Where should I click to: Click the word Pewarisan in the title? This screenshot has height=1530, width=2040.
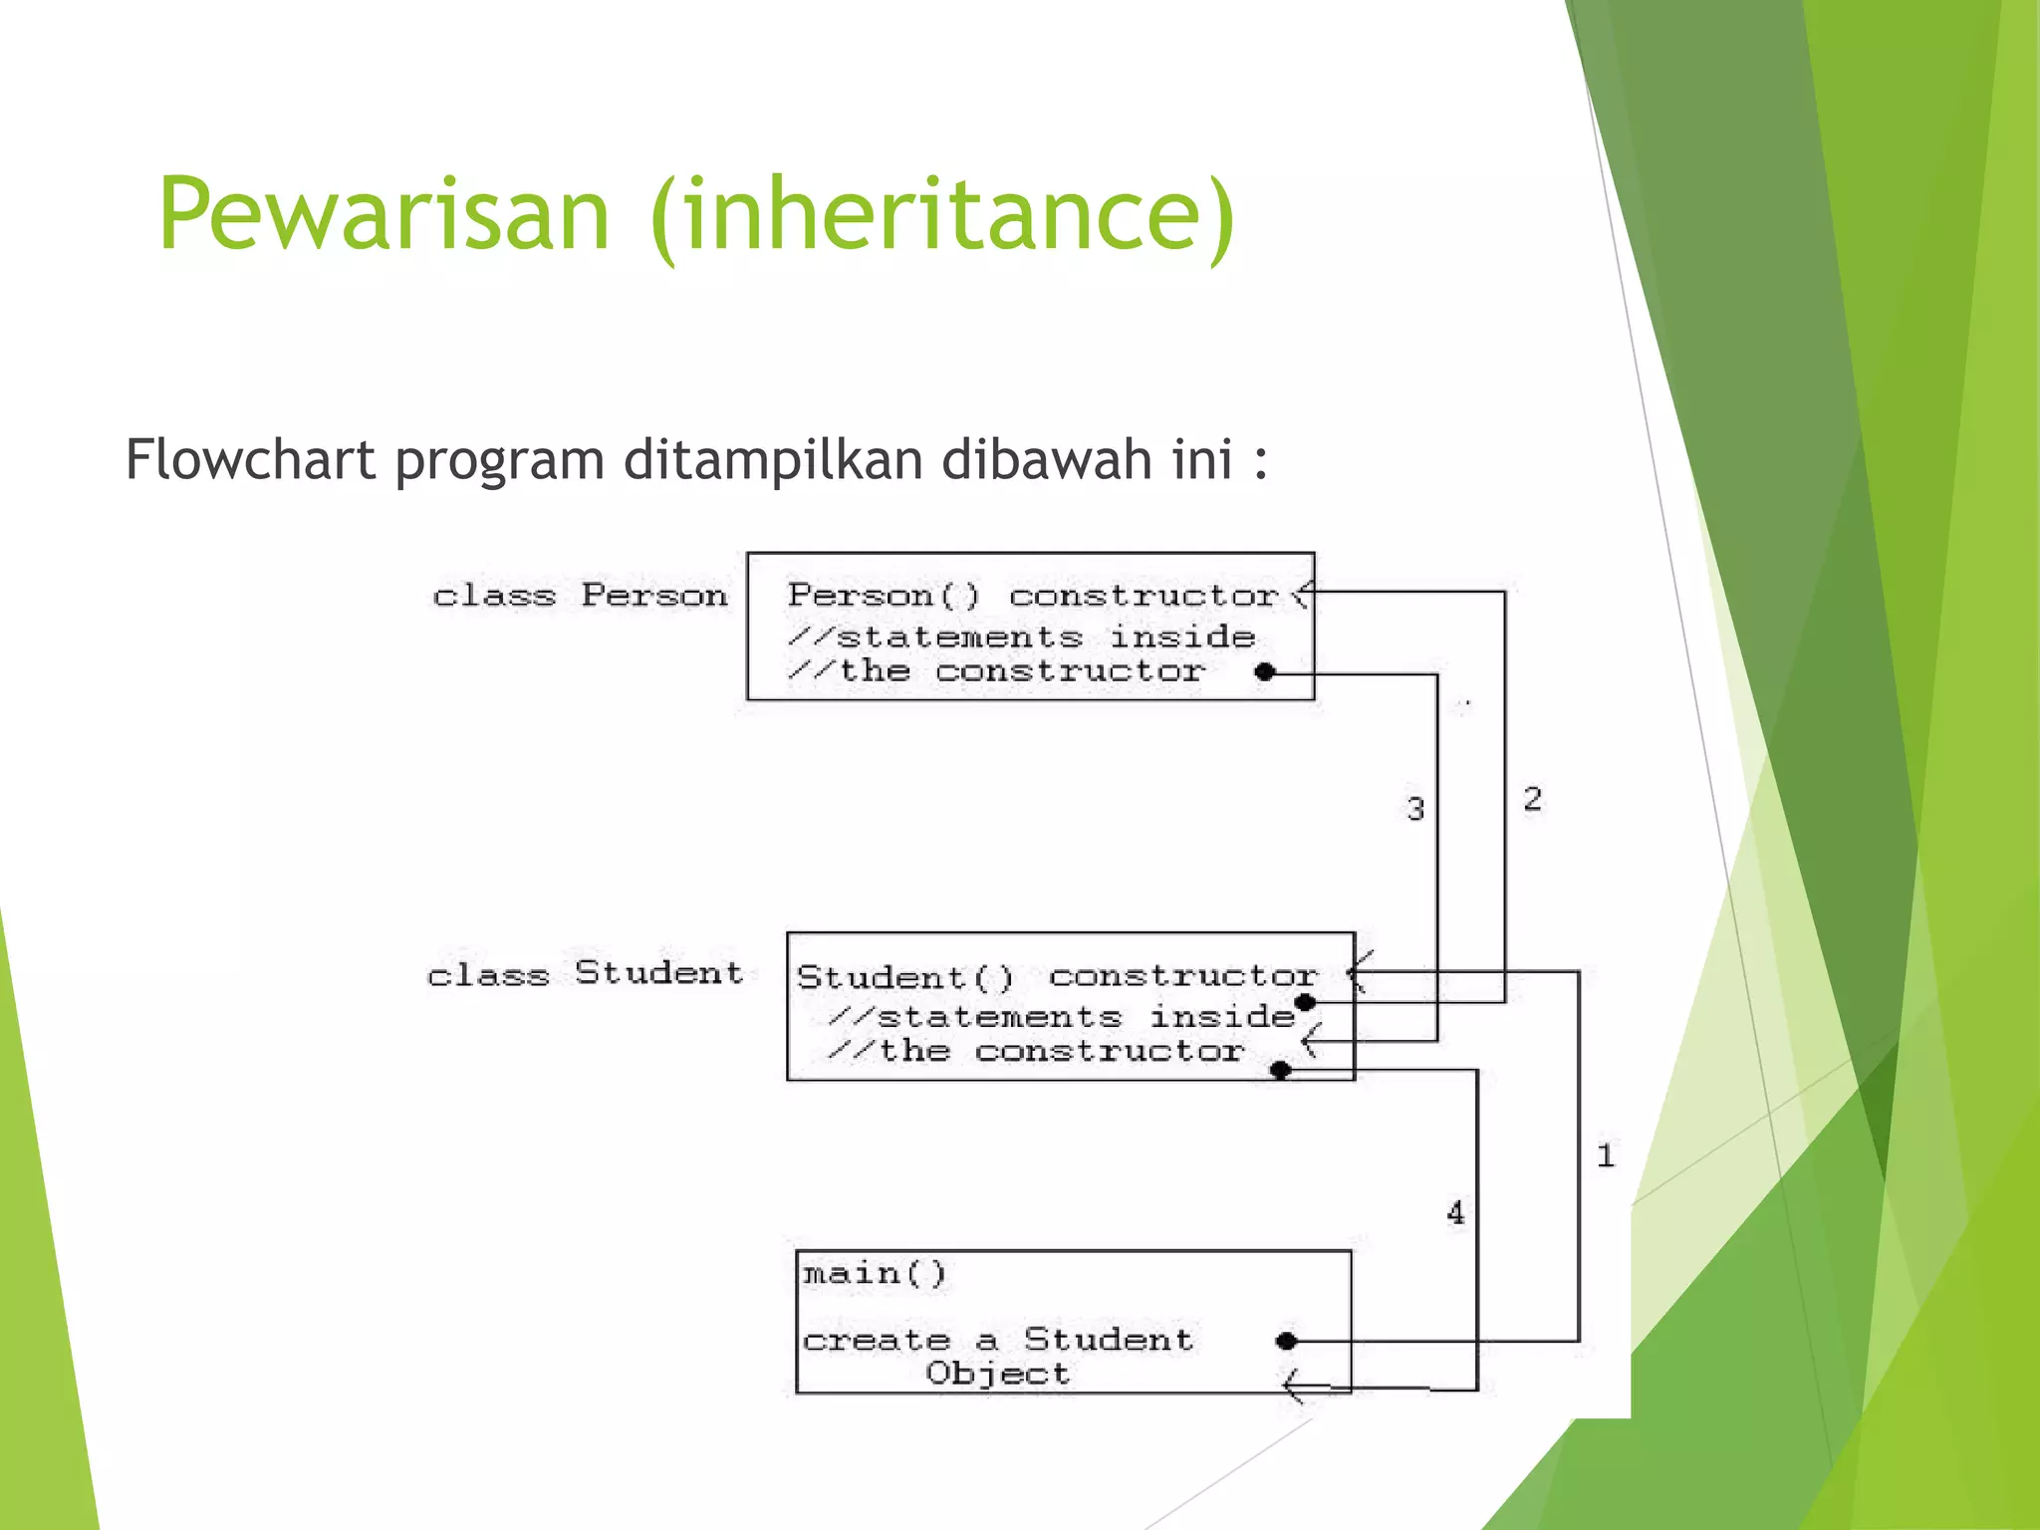tap(383, 214)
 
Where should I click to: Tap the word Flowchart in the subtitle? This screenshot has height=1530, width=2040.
tap(250, 460)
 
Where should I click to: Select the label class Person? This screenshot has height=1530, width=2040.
tap(580, 596)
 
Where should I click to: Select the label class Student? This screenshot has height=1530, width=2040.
tap(585, 973)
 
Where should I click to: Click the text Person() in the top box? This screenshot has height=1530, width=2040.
tap(884, 596)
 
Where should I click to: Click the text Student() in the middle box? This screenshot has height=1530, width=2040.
tap(904, 977)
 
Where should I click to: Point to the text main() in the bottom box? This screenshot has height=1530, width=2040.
tap(875, 1274)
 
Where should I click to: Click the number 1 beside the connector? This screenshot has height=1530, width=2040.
tap(1605, 1156)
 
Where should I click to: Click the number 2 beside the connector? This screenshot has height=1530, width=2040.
tap(1532, 799)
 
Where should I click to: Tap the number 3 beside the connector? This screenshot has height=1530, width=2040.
tap(1415, 809)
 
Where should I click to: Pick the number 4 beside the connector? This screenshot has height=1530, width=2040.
tap(1455, 1213)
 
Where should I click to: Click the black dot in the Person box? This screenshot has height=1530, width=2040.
tap(1265, 672)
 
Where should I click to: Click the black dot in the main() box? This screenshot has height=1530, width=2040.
tap(1286, 1341)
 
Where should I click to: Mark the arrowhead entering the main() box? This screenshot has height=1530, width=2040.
tap(1292, 1386)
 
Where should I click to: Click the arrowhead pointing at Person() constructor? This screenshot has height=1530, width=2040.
tap(1301, 595)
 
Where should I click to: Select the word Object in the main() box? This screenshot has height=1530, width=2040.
tap(997, 1375)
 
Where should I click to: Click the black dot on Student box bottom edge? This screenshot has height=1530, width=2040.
tap(1282, 1071)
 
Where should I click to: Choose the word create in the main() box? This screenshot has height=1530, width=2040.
tap(877, 1341)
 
